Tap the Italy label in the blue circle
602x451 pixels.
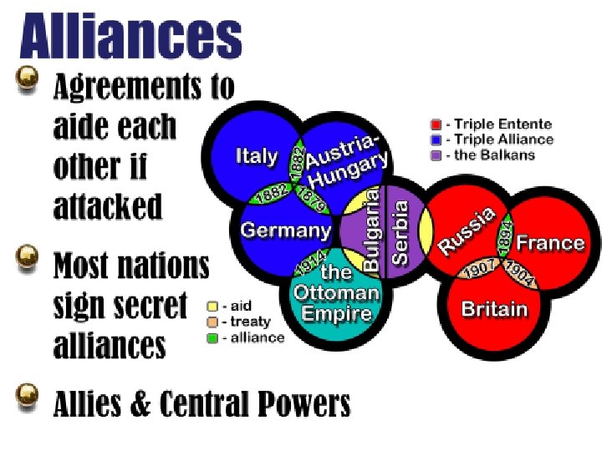[x=256, y=155]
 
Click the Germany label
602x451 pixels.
[x=286, y=231]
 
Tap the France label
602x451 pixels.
[x=549, y=243]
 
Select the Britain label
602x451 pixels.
[x=495, y=309]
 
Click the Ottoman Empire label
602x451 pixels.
[x=336, y=293]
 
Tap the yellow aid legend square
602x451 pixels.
[x=212, y=307]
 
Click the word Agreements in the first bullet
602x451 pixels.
[x=144, y=85]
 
